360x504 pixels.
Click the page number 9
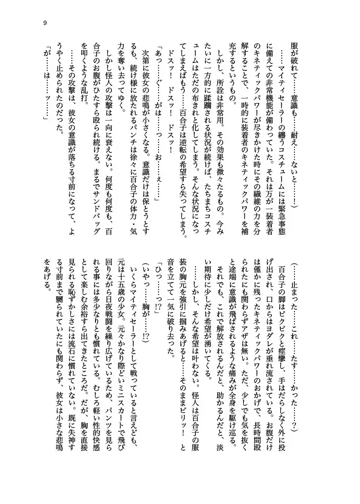(x=45, y=22)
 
